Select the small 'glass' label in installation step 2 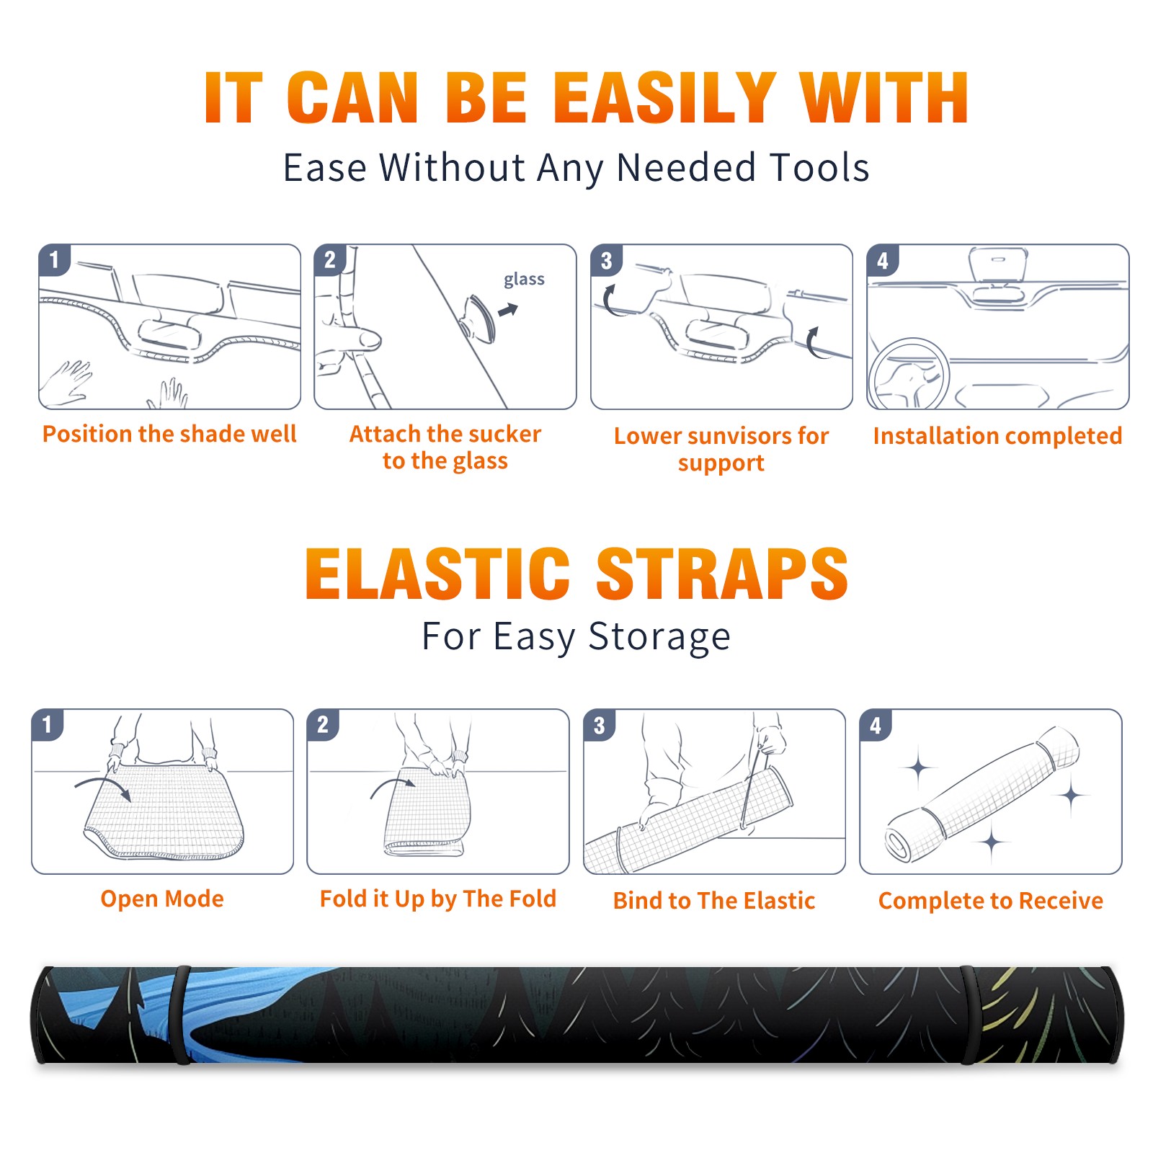click(x=524, y=280)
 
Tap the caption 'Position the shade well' click(x=169, y=434)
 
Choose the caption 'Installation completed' click(x=997, y=436)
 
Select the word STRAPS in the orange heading click(x=722, y=574)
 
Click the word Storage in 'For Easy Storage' click(x=659, y=637)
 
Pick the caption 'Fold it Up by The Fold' click(x=438, y=899)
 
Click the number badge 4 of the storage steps click(x=876, y=725)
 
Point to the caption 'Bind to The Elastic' click(x=714, y=901)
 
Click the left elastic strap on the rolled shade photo click(x=182, y=1015)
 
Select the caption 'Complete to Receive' click(x=991, y=901)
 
